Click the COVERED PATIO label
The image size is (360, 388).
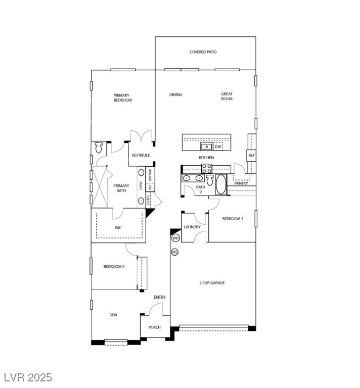tap(203, 52)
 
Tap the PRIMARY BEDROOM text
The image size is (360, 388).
tap(122, 98)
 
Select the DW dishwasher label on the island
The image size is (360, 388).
tap(218, 147)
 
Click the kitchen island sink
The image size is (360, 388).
tap(206, 147)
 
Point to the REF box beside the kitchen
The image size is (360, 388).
tap(251, 155)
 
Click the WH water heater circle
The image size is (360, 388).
tap(175, 238)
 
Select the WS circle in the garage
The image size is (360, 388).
tap(175, 252)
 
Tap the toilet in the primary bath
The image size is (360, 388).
tap(99, 148)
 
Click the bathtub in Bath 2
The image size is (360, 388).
tap(221, 184)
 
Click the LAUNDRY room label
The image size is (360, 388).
tap(192, 227)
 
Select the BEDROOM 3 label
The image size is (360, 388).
tap(233, 219)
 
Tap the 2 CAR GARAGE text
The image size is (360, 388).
tap(212, 283)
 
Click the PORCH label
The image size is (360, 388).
tap(154, 327)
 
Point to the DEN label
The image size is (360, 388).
tap(113, 315)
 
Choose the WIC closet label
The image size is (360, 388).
tap(118, 227)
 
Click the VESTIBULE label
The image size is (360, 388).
tap(141, 155)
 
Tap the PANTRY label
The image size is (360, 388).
tap(241, 183)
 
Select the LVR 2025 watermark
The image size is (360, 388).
tap(28, 377)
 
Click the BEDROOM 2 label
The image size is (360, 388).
tap(114, 266)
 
